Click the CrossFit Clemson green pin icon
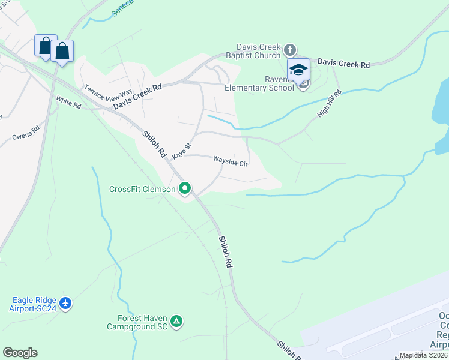[185, 189]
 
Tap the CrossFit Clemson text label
[142, 189]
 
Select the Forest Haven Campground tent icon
[176, 322]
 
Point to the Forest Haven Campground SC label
[136, 323]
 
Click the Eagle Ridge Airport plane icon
[65, 304]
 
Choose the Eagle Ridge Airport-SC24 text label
[34, 304]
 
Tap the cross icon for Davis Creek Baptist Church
[289, 49]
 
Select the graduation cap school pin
[298, 69]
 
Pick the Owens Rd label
[26, 133]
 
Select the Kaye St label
[181, 151]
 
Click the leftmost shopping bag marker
[46, 46]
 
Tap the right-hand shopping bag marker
[62, 51]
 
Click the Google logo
[20, 353]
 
